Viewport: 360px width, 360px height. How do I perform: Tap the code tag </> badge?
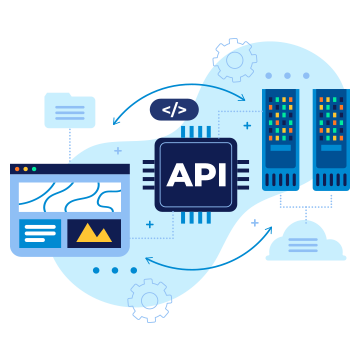click(x=174, y=110)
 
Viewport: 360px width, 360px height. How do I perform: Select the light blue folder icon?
click(x=70, y=110)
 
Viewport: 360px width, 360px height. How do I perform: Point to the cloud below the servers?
click(x=306, y=243)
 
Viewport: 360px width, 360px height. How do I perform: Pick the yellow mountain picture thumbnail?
click(x=94, y=233)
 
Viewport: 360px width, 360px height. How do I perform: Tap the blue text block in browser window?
click(x=40, y=233)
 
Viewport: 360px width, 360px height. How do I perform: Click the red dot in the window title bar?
click(x=17, y=169)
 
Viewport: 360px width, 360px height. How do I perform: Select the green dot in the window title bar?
click(x=34, y=169)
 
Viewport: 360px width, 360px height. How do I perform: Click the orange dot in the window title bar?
click(x=25, y=169)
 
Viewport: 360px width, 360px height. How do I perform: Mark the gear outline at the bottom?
click(x=150, y=299)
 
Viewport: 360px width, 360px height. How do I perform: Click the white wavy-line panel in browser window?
click(x=69, y=196)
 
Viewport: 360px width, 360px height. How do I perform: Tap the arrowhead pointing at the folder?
click(x=116, y=122)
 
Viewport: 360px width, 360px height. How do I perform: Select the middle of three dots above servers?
click(x=287, y=76)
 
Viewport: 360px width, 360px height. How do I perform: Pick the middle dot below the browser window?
click(x=115, y=270)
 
